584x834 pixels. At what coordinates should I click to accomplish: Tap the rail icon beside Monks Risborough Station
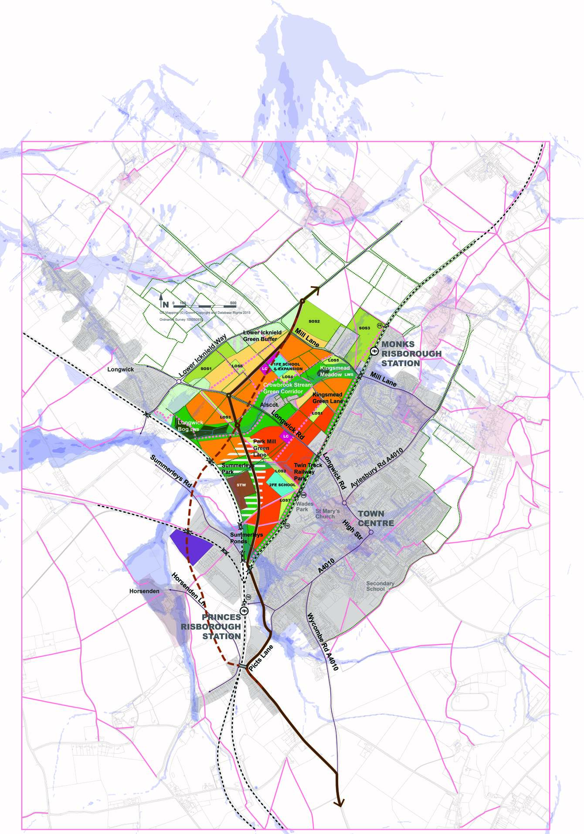373,351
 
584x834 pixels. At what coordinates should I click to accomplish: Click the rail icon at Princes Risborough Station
244,611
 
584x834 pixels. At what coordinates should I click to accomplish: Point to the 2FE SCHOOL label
282,485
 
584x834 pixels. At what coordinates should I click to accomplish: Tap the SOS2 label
314,321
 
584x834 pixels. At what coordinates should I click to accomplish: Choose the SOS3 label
364,328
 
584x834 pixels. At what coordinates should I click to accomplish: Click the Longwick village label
121,369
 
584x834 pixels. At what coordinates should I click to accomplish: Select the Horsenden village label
144,591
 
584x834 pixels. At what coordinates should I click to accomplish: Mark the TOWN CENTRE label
375,518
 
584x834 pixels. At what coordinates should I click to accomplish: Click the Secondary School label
380,586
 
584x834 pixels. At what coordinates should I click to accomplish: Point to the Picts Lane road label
261,657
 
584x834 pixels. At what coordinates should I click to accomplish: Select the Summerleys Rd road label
171,471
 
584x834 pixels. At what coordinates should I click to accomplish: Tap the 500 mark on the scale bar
233,303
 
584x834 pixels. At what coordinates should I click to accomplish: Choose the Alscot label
269,405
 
